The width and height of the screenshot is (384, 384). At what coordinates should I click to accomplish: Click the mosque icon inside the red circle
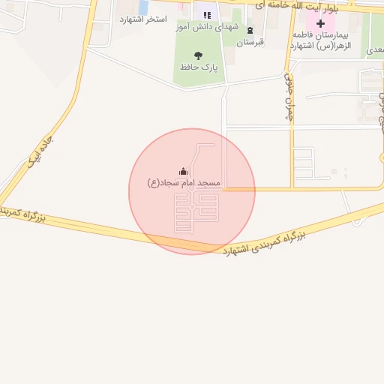pos(184,172)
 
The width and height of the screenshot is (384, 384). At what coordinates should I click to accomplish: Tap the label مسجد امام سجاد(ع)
pos(184,184)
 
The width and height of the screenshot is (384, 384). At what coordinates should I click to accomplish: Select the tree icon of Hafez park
pos(198,55)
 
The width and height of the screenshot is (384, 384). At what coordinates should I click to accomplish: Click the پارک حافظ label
pos(199,67)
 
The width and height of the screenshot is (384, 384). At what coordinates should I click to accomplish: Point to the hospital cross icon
pos(321,23)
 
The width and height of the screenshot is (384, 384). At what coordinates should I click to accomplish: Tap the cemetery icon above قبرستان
pos(250,31)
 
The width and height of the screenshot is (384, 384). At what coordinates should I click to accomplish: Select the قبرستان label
pos(250,43)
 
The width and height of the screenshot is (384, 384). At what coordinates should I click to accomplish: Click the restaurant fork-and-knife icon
pos(206,14)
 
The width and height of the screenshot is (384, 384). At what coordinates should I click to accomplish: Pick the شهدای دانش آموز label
pos(207,27)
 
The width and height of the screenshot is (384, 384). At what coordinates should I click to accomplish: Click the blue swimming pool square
pos(143,6)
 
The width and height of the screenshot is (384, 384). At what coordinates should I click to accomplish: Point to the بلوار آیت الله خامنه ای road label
pos(296,7)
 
